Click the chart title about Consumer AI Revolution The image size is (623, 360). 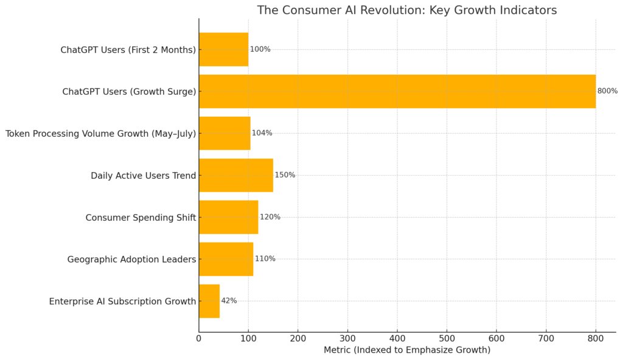tap(406, 10)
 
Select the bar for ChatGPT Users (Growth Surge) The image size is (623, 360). tap(397, 91)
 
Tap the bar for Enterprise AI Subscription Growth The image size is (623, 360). tap(209, 301)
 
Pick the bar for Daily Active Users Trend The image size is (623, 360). tap(236, 175)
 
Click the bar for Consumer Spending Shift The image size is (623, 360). tap(228, 217)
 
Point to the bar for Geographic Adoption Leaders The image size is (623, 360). tap(226, 259)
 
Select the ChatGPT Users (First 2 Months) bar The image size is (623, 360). tap(223, 49)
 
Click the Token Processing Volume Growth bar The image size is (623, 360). tap(224, 133)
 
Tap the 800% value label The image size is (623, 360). tap(607, 91)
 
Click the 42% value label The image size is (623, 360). tap(229, 301)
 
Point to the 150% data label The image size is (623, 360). tap(285, 175)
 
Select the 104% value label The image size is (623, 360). tap(262, 133)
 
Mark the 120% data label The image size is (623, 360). tap(270, 217)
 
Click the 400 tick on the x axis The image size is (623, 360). tap(397, 338)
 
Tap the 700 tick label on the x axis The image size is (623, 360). tap(546, 338)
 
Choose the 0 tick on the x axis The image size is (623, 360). tap(199, 338)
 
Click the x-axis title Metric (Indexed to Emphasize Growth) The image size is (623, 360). tap(406, 350)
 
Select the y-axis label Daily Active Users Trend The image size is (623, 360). tap(144, 176)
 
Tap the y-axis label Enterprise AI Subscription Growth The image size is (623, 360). tap(123, 302)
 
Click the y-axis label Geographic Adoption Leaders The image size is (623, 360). tap(132, 260)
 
